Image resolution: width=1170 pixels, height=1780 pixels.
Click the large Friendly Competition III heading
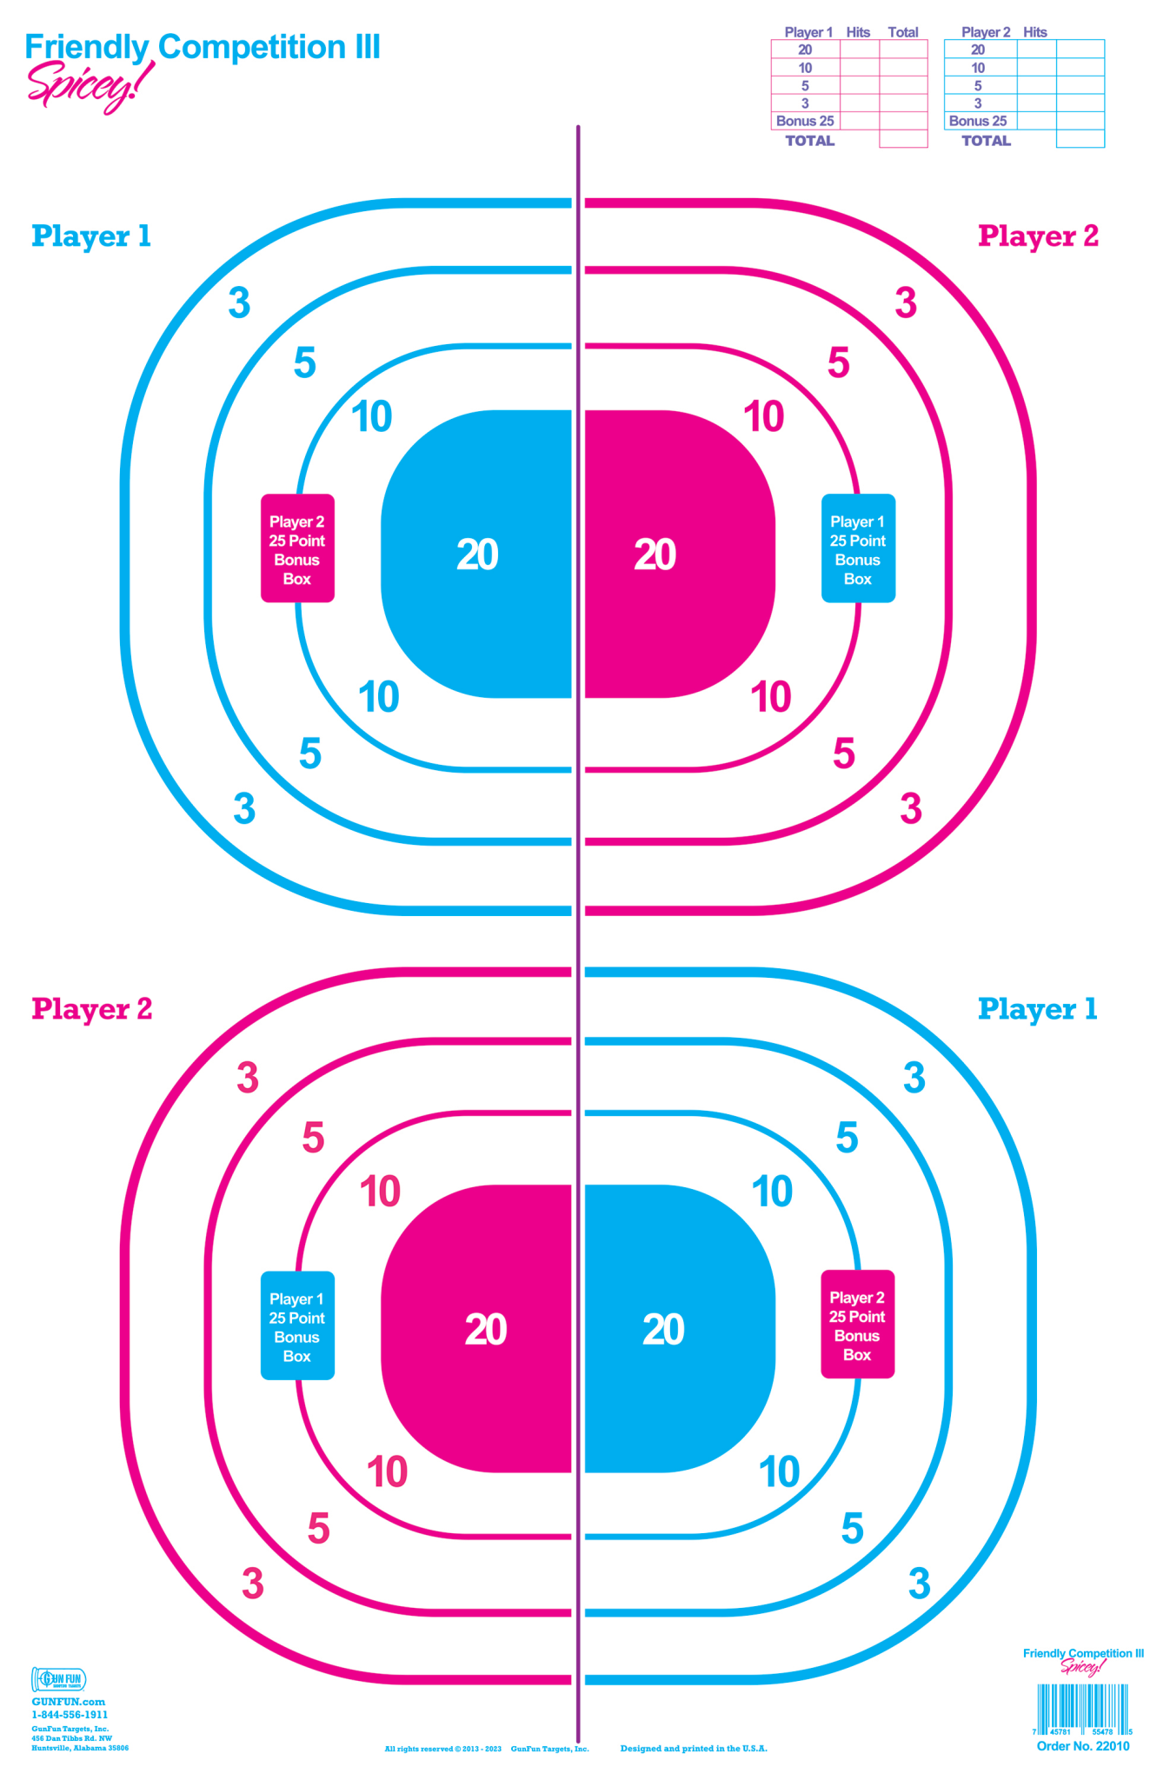pyautogui.click(x=203, y=47)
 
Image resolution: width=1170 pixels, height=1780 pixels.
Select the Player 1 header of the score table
pyautogui.click(x=808, y=32)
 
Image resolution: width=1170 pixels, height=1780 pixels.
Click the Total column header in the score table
pyautogui.click(x=902, y=32)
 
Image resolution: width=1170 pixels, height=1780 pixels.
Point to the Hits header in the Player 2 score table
pyautogui.click(x=1034, y=32)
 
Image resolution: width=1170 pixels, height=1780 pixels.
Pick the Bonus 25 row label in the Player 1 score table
pyautogui.click(x=805, y=121)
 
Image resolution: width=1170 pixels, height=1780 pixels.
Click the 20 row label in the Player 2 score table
pyautogui.click(x=978, y=50)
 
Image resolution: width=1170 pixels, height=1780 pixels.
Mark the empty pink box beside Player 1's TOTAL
pyautogui.click(x=903, y=139)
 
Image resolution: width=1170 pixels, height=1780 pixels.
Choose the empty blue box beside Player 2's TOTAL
pyautogui.click(x=1080, y=139)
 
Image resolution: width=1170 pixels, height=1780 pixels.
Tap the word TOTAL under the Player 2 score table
pyautogui.click(x=986, y=141)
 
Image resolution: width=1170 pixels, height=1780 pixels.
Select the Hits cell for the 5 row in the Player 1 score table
pyautogui.click(x=859, y=85)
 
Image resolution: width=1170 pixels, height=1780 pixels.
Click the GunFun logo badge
pyautogui.click(x=58, y=1679)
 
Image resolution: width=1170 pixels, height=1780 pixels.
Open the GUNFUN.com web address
pyautogui.click(x=68, y=1702)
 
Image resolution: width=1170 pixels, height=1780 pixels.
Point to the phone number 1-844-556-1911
pyautogui.click(x=70, y=1715)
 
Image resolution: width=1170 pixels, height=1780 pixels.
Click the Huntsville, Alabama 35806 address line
pyautogui.click(x=80, y=1748)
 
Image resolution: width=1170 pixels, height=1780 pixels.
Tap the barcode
pyautogui.click(x=1082, y=1708)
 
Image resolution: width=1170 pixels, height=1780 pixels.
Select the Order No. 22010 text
pyautogui.click(x=1082, y=1746)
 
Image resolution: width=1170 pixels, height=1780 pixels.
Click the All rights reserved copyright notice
pyautogui.click(x=443, y=1749)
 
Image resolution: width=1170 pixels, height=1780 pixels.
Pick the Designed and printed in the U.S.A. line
pyautogui.click(x=694, y=1749)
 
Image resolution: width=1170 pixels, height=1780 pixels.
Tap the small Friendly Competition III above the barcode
pyautogui.click(x=1083, y=1653)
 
